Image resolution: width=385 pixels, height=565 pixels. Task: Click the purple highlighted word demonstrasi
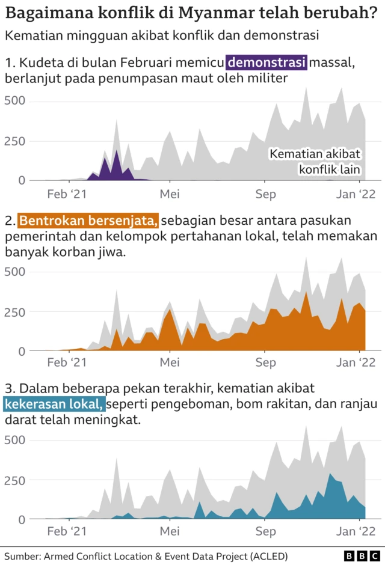pos(267,62)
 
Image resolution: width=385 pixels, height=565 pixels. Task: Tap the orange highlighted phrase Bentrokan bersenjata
pos(89,221)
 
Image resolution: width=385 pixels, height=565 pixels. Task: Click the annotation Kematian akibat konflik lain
pos(315,162)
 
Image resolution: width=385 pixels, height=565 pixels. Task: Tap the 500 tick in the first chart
pos(15,100)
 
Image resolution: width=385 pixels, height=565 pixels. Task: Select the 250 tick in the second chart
pos(15,312)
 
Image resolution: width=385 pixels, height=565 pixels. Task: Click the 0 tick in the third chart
pos(22,519)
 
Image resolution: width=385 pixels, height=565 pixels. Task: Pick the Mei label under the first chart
pos(170,194)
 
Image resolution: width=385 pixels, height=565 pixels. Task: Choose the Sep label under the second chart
pos(265,362)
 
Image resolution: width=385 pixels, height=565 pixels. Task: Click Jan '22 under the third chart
pos(355,531)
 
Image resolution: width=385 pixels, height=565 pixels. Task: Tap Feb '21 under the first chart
pos(67,194)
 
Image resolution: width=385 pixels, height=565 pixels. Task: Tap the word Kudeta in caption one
pos(36,62)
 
